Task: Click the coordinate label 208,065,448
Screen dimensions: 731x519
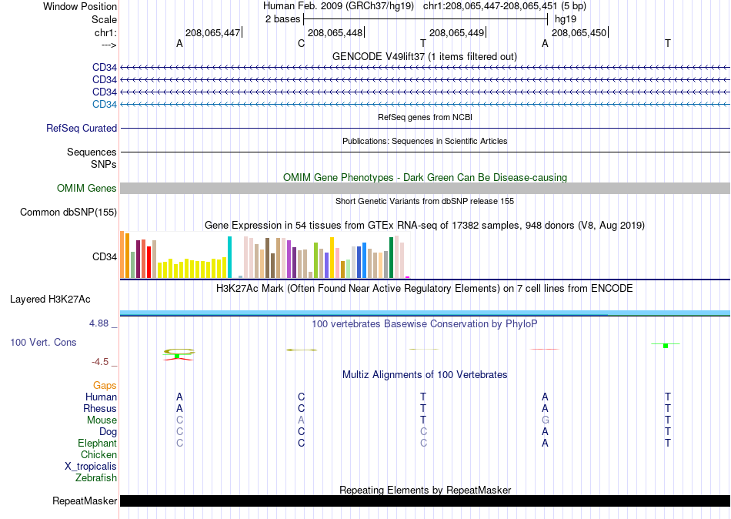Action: [335, 32]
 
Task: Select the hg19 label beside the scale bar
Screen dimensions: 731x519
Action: [566, 19]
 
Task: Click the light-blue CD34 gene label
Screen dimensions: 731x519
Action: [105, 104]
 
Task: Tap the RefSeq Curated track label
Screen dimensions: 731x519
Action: [82, 128]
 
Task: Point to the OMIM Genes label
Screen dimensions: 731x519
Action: [87, 188]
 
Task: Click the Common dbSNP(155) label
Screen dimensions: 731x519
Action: [68, 213]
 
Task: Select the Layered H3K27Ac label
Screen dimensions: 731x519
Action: [50, 300]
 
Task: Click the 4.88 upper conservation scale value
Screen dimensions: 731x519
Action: [98, 323]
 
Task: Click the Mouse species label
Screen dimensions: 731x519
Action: [102, 420]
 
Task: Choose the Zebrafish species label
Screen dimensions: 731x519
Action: [96, 478]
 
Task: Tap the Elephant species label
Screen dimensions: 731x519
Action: [98, 443]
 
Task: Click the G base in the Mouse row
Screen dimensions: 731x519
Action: [545, 420]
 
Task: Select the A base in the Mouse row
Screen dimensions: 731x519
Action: [301, 420]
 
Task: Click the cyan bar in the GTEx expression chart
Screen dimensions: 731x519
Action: [229, 257]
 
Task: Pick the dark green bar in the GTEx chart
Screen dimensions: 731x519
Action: [391, 258]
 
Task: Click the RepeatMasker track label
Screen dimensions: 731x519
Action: [85, 501]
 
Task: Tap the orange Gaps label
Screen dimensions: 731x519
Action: [105, 386]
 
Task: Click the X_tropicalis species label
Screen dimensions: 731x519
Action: [91, 467]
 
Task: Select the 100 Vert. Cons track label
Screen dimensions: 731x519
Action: [43, 342]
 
